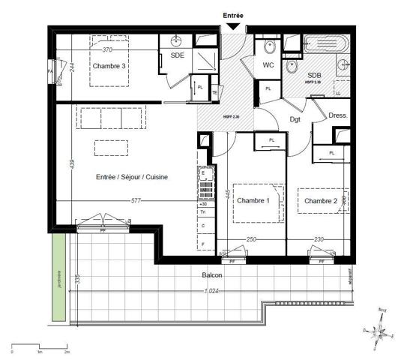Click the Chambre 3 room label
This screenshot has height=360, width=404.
coord(109,66)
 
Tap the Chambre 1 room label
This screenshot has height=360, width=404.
coord(253,201)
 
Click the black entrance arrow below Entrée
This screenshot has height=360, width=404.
coord(233,28)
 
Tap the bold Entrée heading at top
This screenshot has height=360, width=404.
coord(233,14)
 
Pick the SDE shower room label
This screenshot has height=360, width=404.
coord(178,55)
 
